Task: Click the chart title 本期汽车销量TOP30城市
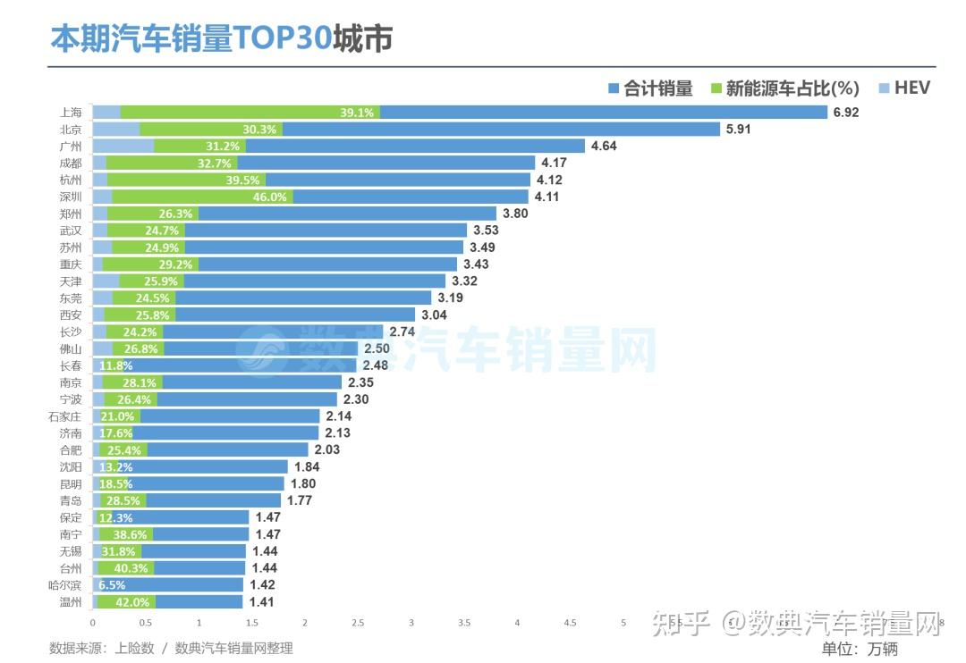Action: (221, 39)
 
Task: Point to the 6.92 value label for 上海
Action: (845, 113)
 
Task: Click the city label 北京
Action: (71, 130)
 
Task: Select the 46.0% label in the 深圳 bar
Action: (269, 197)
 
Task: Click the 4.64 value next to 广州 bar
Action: (603, 146)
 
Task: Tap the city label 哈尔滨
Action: (65, 585)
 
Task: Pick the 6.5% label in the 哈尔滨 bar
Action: (111, 585)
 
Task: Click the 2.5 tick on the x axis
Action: (358, 623)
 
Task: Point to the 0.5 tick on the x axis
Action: (146, 623)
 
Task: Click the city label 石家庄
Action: (65, 416)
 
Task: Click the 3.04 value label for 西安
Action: (433, 315)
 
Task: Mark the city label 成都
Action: (71, 164)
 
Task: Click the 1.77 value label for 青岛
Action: (299, 500)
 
